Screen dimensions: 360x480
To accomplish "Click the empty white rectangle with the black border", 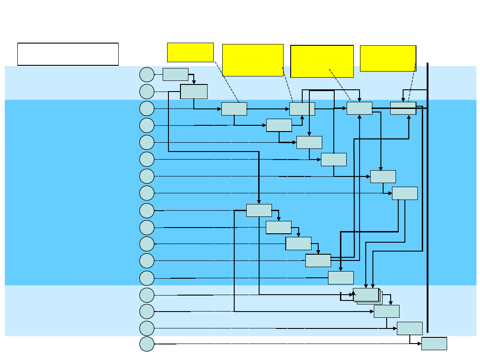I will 68,54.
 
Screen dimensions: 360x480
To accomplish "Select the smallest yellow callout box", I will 190,52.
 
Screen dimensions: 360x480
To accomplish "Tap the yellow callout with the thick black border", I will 322,61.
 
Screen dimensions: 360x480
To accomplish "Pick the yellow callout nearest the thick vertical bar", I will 388,58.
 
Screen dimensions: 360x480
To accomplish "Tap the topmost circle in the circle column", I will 147,75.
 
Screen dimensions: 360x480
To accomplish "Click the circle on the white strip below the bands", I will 147,344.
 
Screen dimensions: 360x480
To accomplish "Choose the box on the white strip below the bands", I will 434,344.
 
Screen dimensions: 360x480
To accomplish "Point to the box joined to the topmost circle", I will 175,74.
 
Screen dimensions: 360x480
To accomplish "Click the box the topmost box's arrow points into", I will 194,91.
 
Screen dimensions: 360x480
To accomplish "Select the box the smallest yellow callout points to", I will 234,109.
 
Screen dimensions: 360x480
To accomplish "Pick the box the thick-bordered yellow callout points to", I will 359,108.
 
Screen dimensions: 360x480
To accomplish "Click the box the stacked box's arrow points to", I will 386,311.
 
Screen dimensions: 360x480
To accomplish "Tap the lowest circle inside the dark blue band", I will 147,278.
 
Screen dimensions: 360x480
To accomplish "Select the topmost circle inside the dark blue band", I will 147,108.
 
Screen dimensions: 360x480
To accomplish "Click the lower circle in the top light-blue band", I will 147,92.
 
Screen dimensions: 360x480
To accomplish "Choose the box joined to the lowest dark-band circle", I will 340,278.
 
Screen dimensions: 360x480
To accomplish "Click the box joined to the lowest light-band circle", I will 409,328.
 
